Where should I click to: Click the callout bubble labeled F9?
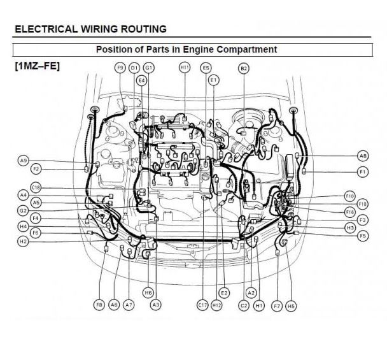tap(120, 68)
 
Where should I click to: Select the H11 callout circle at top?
tap(185, 68)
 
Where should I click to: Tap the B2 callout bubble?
tap(244, 68)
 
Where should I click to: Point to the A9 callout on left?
tap(24, 161)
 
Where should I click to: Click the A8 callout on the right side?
tap(363, 155)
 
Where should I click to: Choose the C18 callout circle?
tap(36, 187)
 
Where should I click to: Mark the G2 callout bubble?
tap(23, 210)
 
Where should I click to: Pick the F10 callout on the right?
tap(349, 196)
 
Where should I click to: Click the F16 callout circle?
tap(349, 212)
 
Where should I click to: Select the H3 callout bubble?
tap(349, 227)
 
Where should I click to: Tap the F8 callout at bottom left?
tap(99, 306)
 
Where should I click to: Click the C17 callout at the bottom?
tap(202, 306)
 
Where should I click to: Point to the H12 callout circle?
tap(217, 306)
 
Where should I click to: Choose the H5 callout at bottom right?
tap(291, 306)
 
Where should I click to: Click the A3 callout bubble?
tap(155, 306)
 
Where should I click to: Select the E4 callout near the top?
tap(141, 80)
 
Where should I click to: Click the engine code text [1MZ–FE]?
tap(37, 65)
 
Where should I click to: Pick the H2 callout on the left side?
tap(23, 241)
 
